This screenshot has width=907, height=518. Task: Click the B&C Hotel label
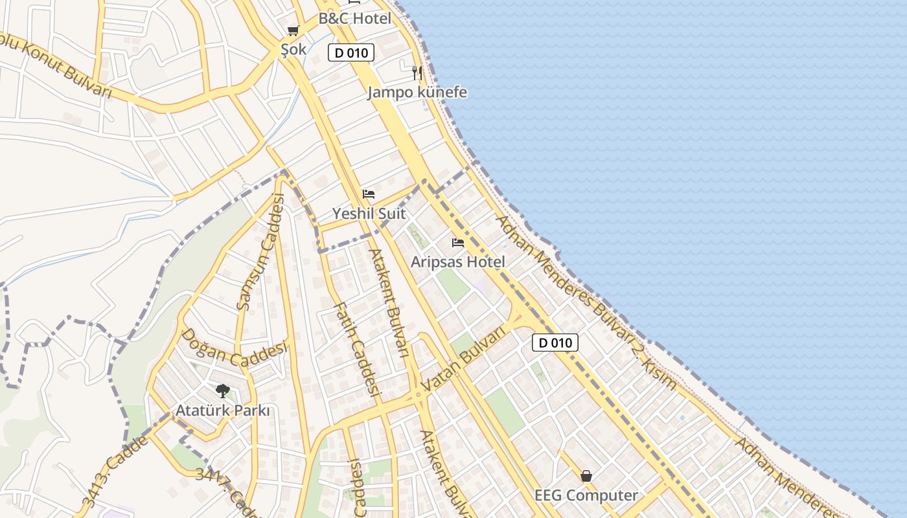point(355,18)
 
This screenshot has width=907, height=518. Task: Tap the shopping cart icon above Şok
point(293,30)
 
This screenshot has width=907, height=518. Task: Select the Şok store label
point(293,49)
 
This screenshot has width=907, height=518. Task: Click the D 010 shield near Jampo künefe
point(351,52)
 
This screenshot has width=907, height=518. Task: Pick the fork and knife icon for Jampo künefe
point(417,73)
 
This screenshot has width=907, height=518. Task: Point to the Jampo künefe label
point(417,92)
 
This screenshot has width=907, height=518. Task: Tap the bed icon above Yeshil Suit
point(369,194)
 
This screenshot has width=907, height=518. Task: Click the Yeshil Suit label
point(369,213)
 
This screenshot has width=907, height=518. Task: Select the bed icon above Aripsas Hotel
point(458,243)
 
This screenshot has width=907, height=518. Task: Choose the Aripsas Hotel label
point(458,262)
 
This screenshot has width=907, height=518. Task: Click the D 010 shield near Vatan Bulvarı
point(555,343)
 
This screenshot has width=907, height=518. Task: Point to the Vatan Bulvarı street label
point(463,359)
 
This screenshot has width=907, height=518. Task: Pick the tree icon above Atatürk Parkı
point(223,391)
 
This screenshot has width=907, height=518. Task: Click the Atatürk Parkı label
point(223,411)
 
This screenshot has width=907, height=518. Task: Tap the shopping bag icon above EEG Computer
point(586,476)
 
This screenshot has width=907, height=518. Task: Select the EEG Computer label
point(586,495)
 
